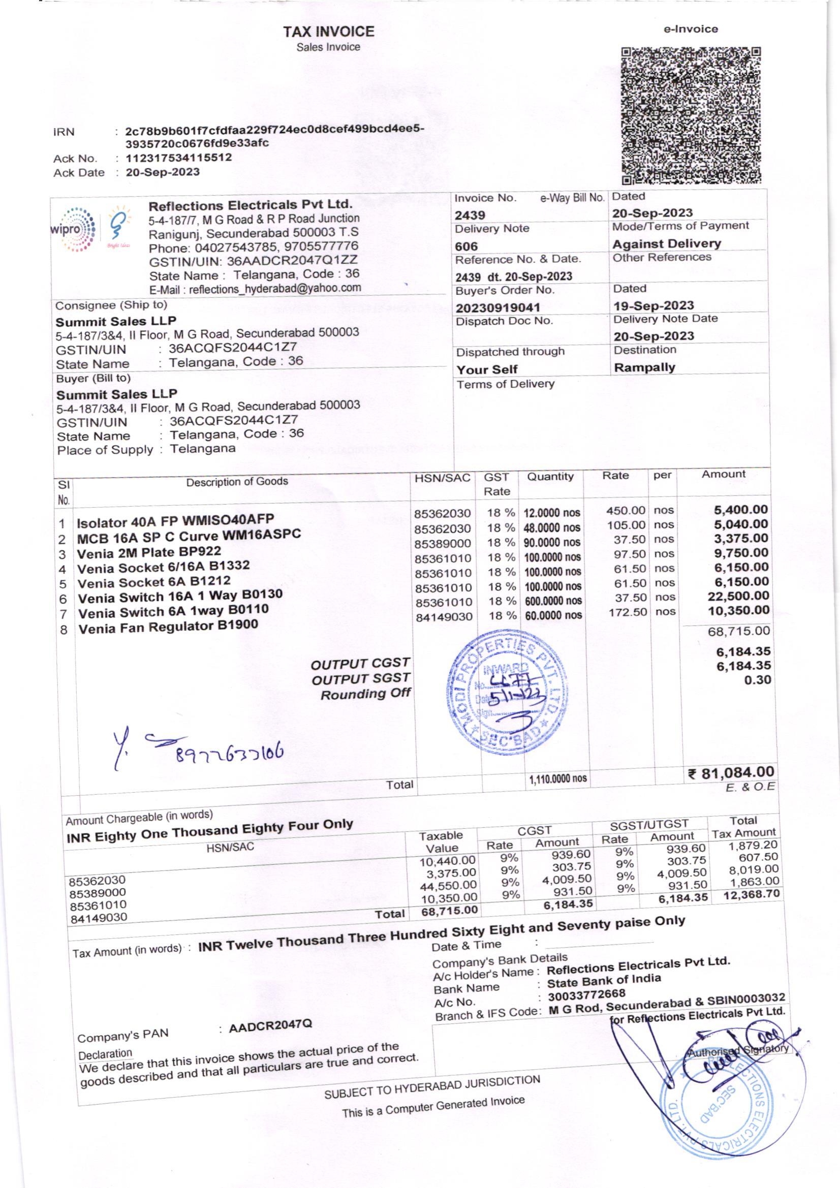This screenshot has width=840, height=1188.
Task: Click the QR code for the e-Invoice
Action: tap(692, 116)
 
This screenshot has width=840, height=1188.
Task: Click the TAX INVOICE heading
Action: tap(328, 32)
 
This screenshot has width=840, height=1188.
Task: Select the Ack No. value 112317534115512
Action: tap(178, 158)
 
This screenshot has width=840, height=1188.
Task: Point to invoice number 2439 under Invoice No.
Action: tap(470, 215)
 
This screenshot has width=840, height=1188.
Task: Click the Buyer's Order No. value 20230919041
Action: tap(498, 308)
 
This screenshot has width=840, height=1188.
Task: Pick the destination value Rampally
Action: tap(644, 367)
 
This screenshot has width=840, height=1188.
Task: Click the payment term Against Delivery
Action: tap(667, 244)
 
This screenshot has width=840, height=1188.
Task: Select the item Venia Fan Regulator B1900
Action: tap(168, 627)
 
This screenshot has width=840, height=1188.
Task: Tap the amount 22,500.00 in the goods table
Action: tap(738, 596)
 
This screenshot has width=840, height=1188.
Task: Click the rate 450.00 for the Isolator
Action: tap(626, 511)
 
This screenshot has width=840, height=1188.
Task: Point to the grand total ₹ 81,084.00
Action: tap(731, 772)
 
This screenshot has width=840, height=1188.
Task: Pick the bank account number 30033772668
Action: tap(586, 994)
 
